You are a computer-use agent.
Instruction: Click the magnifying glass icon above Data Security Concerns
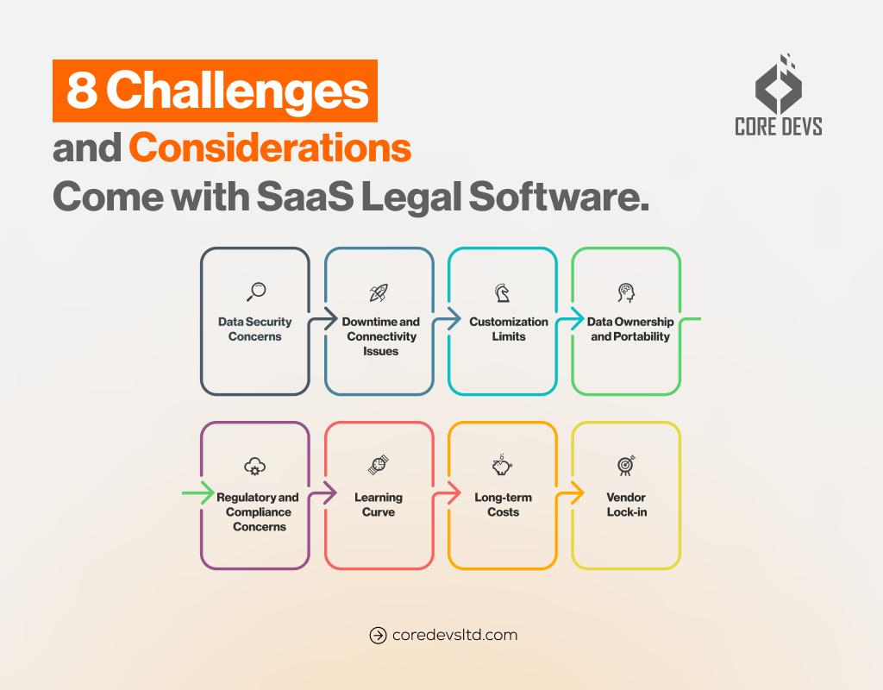coord(255,292)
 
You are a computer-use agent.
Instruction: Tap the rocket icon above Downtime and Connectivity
coord(379,292)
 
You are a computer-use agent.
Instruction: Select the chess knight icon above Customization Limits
coord(502,292)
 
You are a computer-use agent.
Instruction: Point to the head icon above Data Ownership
coord(626,292)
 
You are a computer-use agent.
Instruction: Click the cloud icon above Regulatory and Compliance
coord(254,467)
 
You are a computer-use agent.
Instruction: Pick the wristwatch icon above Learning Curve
coord(379,467)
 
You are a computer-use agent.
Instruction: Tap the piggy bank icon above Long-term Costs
coord(502,467)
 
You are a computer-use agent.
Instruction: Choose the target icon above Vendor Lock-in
coord(626,466)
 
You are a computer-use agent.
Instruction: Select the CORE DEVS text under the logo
coord(778,126)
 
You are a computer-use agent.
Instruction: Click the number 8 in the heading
coord(81,91)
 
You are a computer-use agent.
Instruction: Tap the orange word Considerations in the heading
coord(270,148)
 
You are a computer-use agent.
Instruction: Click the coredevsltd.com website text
coord(454,635)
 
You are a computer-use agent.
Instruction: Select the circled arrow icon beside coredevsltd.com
coord(378,636)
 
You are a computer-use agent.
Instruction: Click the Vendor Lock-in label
coord(626,505)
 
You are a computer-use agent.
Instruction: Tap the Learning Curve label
coord(379,505)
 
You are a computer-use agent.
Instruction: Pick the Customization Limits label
coord(509,329)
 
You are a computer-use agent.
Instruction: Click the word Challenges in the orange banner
coord(238,91)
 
